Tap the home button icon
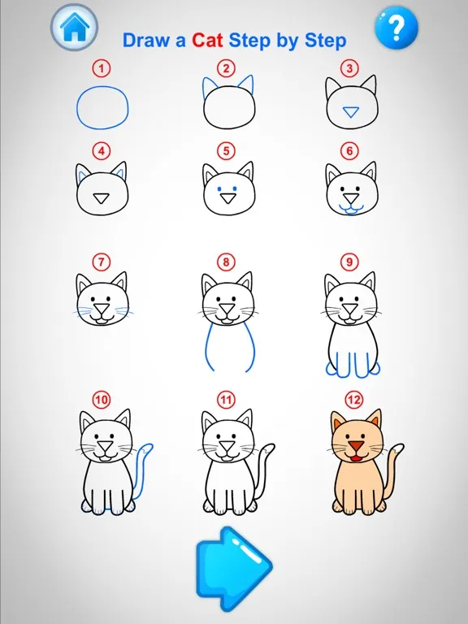pyautogui.click(x=75, y=27)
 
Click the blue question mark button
pyautogui.click(x=396, y=27)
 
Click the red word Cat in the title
pyautogui.click(x=207, y=41)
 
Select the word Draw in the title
pyautogui.click(x=146, y=41)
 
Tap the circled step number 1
pyautogui.click(x=102, y=68)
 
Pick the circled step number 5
pyautogui.click(x=226, y=151)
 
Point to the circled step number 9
pyautogui.click(x=349, y=262)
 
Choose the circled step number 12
pyautogui.click(x=353, y=400)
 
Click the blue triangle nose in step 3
pyautogui.click(x=351, y=112)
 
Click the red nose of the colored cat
pyautogui.click(x=357, y=446)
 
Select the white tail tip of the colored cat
pyautogui.click(x=396, y=449)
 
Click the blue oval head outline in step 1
pyautogui.click(x=77, y=108)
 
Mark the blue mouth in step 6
pyautogui.click(x=351, y=210)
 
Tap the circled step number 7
pyautogui.click(x=102, y=262)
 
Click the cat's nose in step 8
pyautogui.click(x=227, y=309)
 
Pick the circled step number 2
pyautogui.click(x=226, y=68)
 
